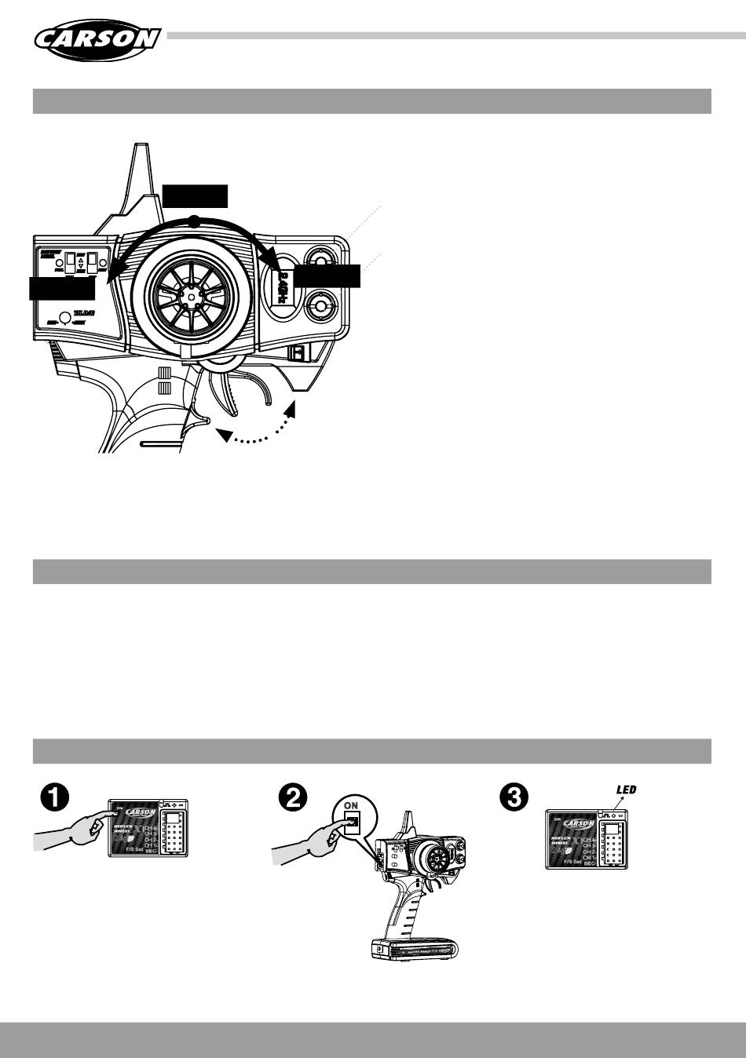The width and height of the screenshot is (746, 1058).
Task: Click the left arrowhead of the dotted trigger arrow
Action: click(x=225, y=435)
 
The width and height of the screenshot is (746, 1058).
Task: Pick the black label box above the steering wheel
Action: click(x=195, y=196)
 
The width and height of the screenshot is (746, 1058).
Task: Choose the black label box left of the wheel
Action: click(x=62, y=288)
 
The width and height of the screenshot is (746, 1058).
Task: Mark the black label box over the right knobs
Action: click(x=327, y=276)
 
